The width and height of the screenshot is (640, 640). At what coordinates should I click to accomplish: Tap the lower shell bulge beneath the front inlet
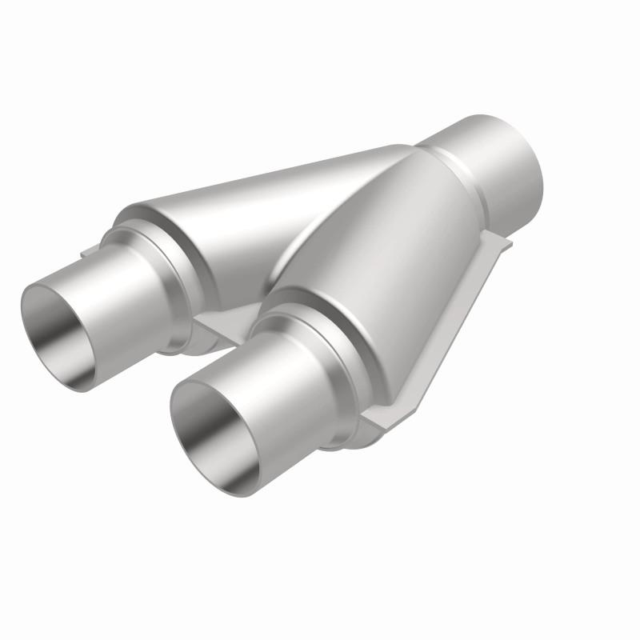click(364, 436)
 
